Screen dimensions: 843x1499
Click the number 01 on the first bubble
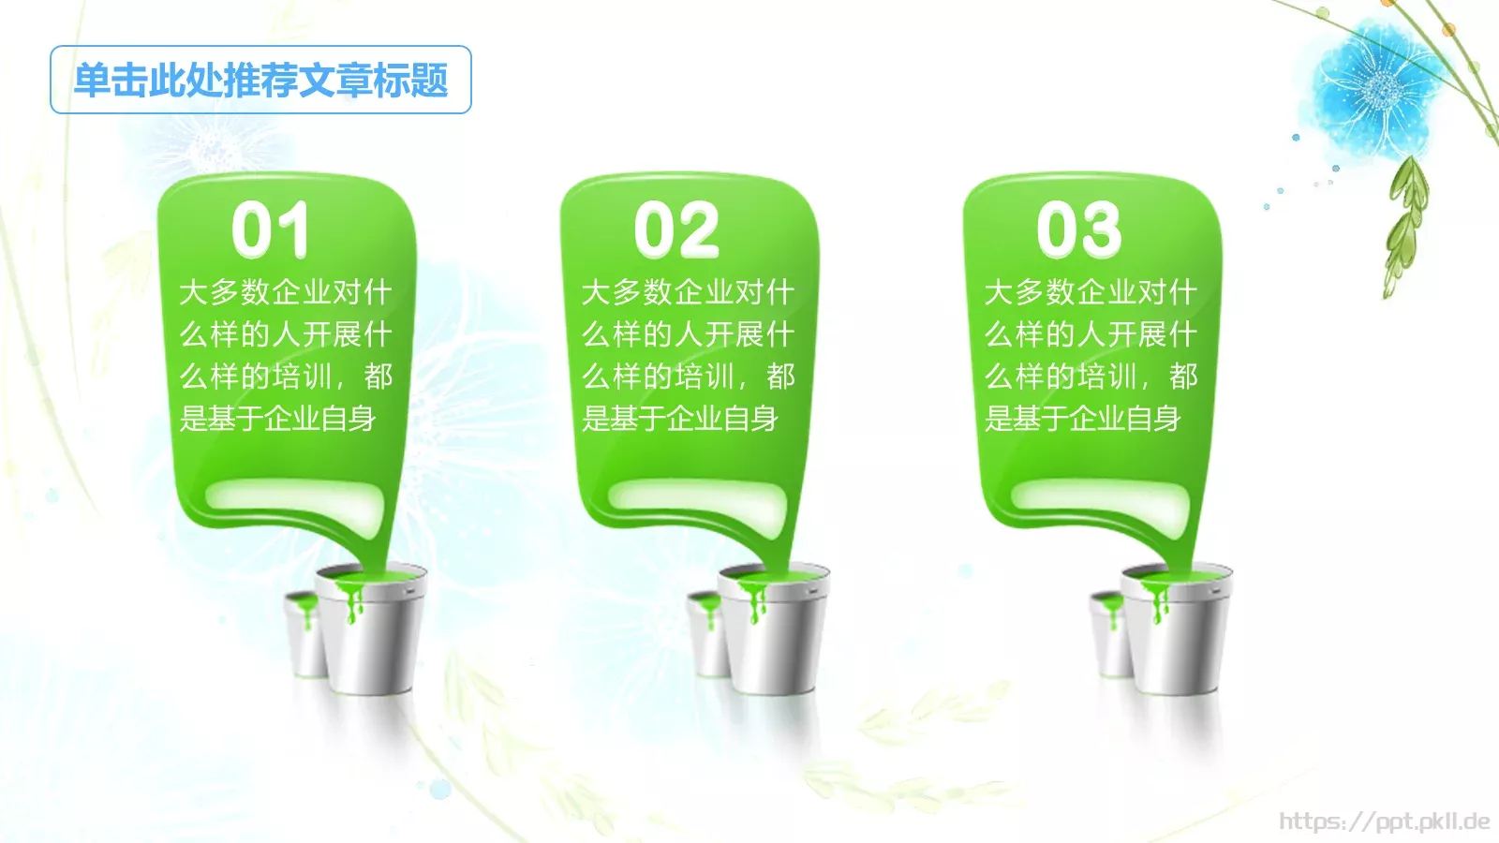[270, 229]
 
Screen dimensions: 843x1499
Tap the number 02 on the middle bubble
[676, 229]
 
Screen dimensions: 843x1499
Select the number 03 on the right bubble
[1078, 229]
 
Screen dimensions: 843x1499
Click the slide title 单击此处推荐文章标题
[260, 81]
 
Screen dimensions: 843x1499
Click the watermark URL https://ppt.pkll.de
[1384, 821]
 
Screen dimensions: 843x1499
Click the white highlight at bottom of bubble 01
[294, 496]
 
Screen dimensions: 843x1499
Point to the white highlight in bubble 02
[697, 496]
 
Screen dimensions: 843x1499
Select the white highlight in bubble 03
[1100, 496]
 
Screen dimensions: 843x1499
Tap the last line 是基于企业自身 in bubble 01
[277, 418]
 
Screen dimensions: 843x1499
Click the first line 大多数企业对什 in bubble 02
[688, 292]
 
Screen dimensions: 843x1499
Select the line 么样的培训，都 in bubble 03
[1091, 377]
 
